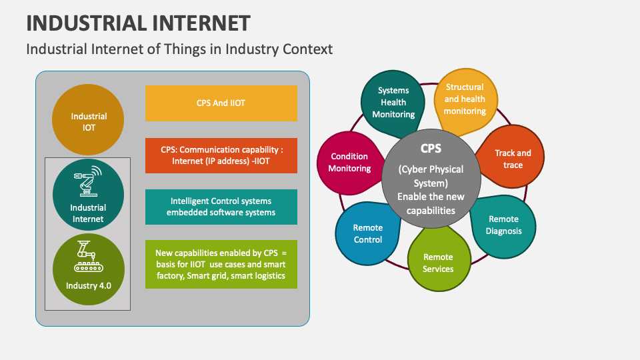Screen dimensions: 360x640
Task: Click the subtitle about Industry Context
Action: point(179,49)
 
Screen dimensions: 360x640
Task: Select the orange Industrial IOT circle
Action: point(89,121)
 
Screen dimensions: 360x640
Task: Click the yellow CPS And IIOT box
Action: point(221,103)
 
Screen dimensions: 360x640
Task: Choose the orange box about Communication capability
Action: point(221,155)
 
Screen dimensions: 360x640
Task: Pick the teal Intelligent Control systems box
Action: point(221,207)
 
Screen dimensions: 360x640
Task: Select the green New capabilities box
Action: point(221,264)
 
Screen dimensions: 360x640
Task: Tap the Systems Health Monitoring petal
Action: point(393,102)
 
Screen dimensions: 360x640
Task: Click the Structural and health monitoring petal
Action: point(465,99)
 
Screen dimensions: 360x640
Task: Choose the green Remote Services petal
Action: point(438,262)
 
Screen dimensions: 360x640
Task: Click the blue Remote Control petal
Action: point(367,234)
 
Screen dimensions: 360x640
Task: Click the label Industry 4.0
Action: point(89,286)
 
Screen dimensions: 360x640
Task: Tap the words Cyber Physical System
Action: point(431,175)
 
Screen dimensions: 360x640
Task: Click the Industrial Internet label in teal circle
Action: point(89,213)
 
